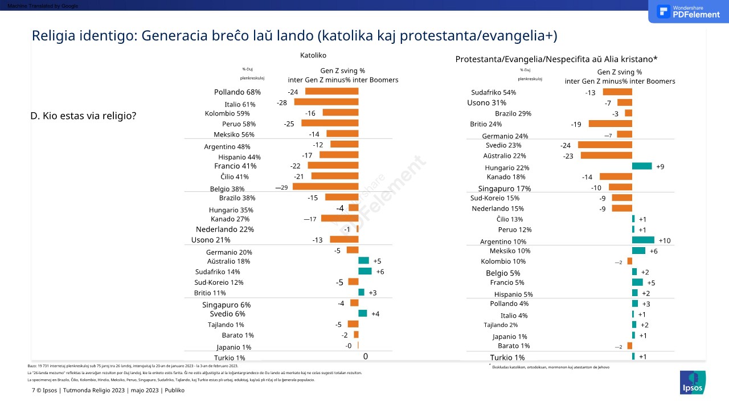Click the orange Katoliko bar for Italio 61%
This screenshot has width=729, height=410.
pos(326,102)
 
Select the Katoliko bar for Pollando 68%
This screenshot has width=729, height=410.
pos(331,91)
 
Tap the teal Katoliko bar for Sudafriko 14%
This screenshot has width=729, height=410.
pos(364,271)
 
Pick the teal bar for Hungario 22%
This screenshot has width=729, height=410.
pos(642,166)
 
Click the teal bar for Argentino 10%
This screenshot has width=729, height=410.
pos(643,240)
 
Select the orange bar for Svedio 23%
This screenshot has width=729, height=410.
pos(605,145)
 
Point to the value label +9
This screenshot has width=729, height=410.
pos(660,167)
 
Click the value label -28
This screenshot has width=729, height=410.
pos(282,102)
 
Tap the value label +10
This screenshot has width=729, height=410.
pos(664,241)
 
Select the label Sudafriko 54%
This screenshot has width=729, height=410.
pos(493,92)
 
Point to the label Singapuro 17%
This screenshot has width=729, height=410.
pos(504,189)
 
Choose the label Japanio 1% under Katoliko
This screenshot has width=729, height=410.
pos(234,347)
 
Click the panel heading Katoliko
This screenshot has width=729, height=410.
pos(313,56)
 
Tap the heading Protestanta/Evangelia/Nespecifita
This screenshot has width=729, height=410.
pos(556,59)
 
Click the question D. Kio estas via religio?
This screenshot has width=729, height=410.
pos(83,116)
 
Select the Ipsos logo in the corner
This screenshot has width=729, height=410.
pos(693,382)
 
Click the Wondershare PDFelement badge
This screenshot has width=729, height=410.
pos(688,11)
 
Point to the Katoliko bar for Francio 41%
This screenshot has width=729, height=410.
pos(333,165)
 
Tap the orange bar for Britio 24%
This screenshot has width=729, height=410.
pos(610,124)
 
